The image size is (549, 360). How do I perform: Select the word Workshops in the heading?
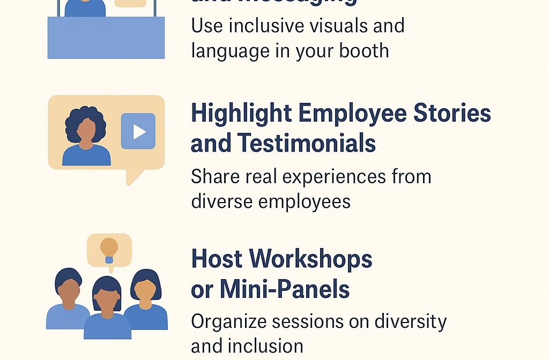pos(312,259)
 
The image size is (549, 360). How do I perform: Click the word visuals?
pos(313,26)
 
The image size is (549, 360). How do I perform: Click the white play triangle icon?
pos(139,131)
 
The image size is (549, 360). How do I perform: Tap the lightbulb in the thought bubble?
pos(109,248)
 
